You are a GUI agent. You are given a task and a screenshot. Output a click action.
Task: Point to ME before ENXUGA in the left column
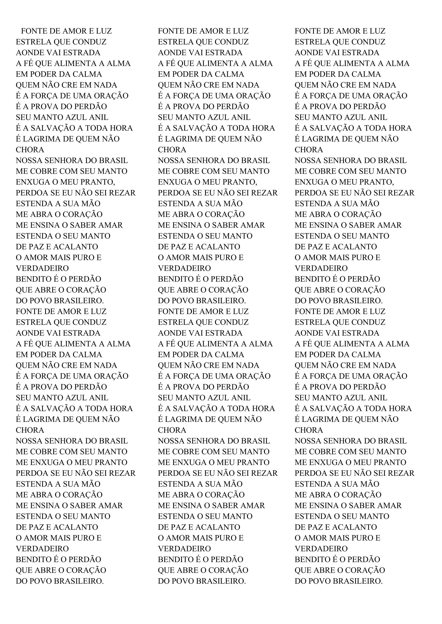[x=22, y=462]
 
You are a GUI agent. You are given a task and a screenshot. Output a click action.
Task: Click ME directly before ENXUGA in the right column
[x=300, y=462]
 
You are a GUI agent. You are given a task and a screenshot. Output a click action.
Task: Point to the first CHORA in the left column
[x=30, y=150]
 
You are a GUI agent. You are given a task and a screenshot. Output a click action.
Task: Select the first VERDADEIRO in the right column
[x=321, y=268]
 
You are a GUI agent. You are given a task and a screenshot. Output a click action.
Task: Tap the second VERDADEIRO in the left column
[x=42, y=549]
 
